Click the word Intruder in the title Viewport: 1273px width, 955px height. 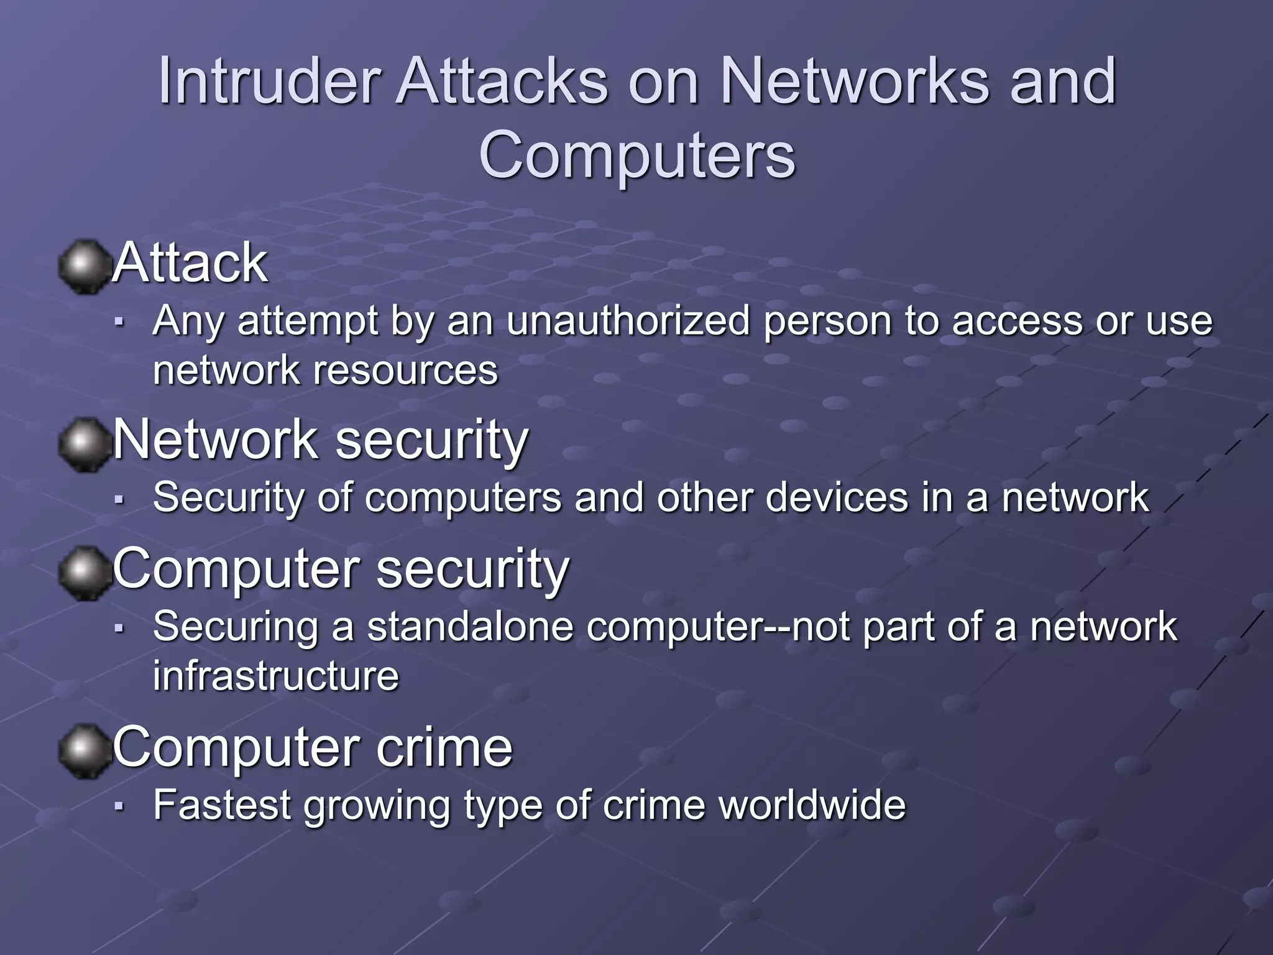[x=269, y=81]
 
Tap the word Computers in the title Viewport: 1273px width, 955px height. [x=636, y=155]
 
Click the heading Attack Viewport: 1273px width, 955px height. [x=190, y=263]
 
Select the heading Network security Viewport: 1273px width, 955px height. [x=320, y=440]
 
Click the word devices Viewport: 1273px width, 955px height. [x=837, y=497]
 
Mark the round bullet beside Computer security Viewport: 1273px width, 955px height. [x=83, y=573]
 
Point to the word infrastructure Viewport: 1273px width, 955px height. [x=276, y=676]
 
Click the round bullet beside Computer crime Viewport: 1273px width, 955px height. [x=83, y=751]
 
